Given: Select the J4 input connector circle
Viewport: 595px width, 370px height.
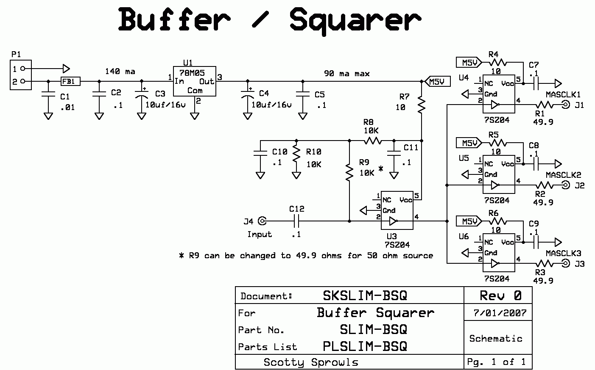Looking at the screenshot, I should (x=263, y=221).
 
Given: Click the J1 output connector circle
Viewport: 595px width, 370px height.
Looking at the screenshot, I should (x=566, y=105).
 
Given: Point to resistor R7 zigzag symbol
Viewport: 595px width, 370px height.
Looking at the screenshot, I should (x=422, y=104).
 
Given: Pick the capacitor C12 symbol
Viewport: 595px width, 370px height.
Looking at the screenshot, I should (x=297, y=221).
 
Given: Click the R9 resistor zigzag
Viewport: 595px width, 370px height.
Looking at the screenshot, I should (x=349, y=173).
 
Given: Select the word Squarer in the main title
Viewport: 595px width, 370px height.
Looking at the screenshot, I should (x=355, y=20).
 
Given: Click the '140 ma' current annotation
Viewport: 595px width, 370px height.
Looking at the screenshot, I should (x=120, y=72).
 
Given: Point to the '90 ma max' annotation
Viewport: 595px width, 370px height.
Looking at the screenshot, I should (x=347, y=73).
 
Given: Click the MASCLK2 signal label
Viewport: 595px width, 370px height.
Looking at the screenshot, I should (x=563, y=175).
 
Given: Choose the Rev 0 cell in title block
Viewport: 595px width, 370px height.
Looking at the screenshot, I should (x=500, y=295).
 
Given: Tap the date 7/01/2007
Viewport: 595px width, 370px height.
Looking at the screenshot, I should (x=500, y=313).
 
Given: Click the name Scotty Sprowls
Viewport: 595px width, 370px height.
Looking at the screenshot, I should (x=311, y=362).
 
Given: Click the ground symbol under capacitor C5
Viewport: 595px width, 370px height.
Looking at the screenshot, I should (x=302, y=116).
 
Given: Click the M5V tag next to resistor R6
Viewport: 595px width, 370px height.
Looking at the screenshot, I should (x=468, y=221).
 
